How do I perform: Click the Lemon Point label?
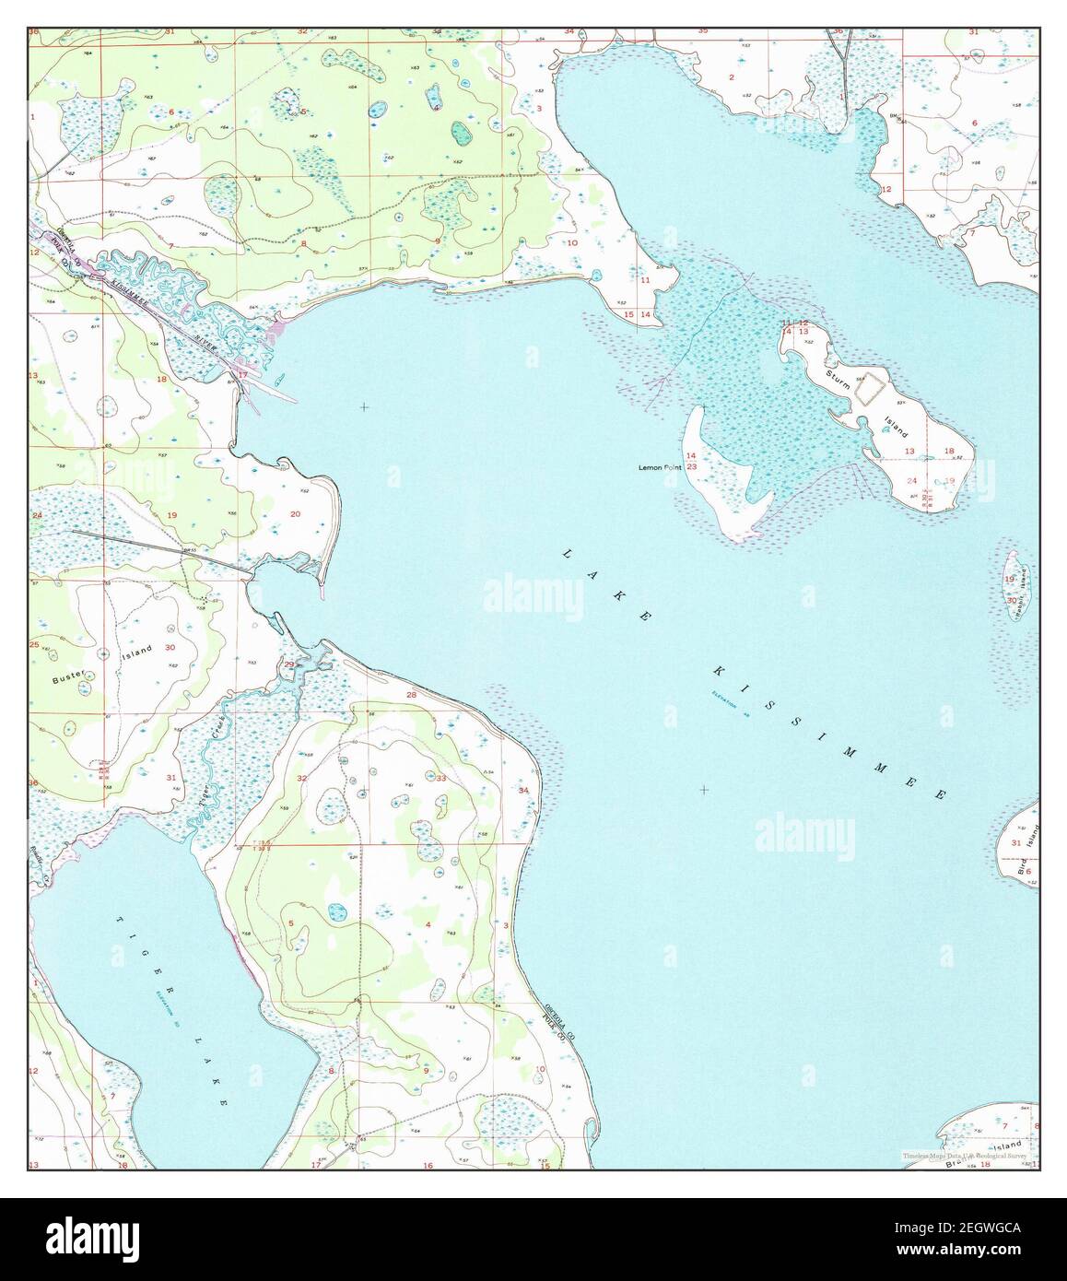point(661,468)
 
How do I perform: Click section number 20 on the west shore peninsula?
point(295,514)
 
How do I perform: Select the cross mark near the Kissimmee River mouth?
point(364,406)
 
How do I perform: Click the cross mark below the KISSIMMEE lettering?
point(704,790)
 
